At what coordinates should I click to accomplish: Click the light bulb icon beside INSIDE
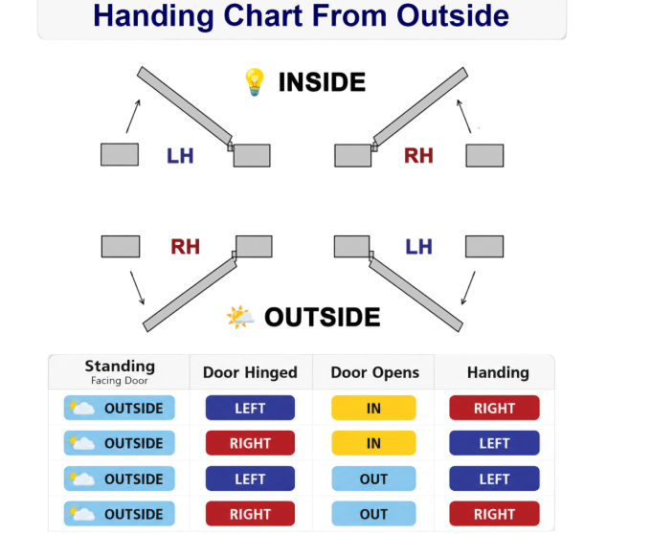click(x=255, y=81)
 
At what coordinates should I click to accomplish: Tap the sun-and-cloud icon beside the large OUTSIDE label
click(x=240, y=317)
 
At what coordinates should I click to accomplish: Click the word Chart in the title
click(x=263, y=15)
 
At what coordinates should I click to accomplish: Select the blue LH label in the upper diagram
click(x=180, y=156)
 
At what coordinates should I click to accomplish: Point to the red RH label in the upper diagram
click(x=418, y=156)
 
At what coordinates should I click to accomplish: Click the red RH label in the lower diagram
click(x=185, y=247)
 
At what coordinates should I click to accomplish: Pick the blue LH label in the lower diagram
click(x=418, y=247)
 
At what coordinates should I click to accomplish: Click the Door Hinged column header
click(x=250, y=372)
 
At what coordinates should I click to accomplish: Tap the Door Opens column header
click(x=375, y=372)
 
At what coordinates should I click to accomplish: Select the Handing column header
click(x=498, y=372)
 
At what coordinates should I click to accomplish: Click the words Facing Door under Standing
click(x=119, y=381)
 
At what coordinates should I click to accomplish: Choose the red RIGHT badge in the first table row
click(x=495, y=408)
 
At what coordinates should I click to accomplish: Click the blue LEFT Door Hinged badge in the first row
click(x=251, y=408)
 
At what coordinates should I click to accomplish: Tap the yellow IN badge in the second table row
click(x=373, y=443)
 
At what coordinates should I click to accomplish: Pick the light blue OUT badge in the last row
click(x=373, y=514)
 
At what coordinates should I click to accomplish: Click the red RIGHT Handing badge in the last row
click(x=495, y=514)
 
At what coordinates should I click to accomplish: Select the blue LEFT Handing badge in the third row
click(x=495, y=478)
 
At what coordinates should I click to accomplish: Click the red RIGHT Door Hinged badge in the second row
click(x=251, y=443)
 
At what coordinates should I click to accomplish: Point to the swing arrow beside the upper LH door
click(x=133, y=116)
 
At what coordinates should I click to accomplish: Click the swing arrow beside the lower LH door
click(x=468, y=288)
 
